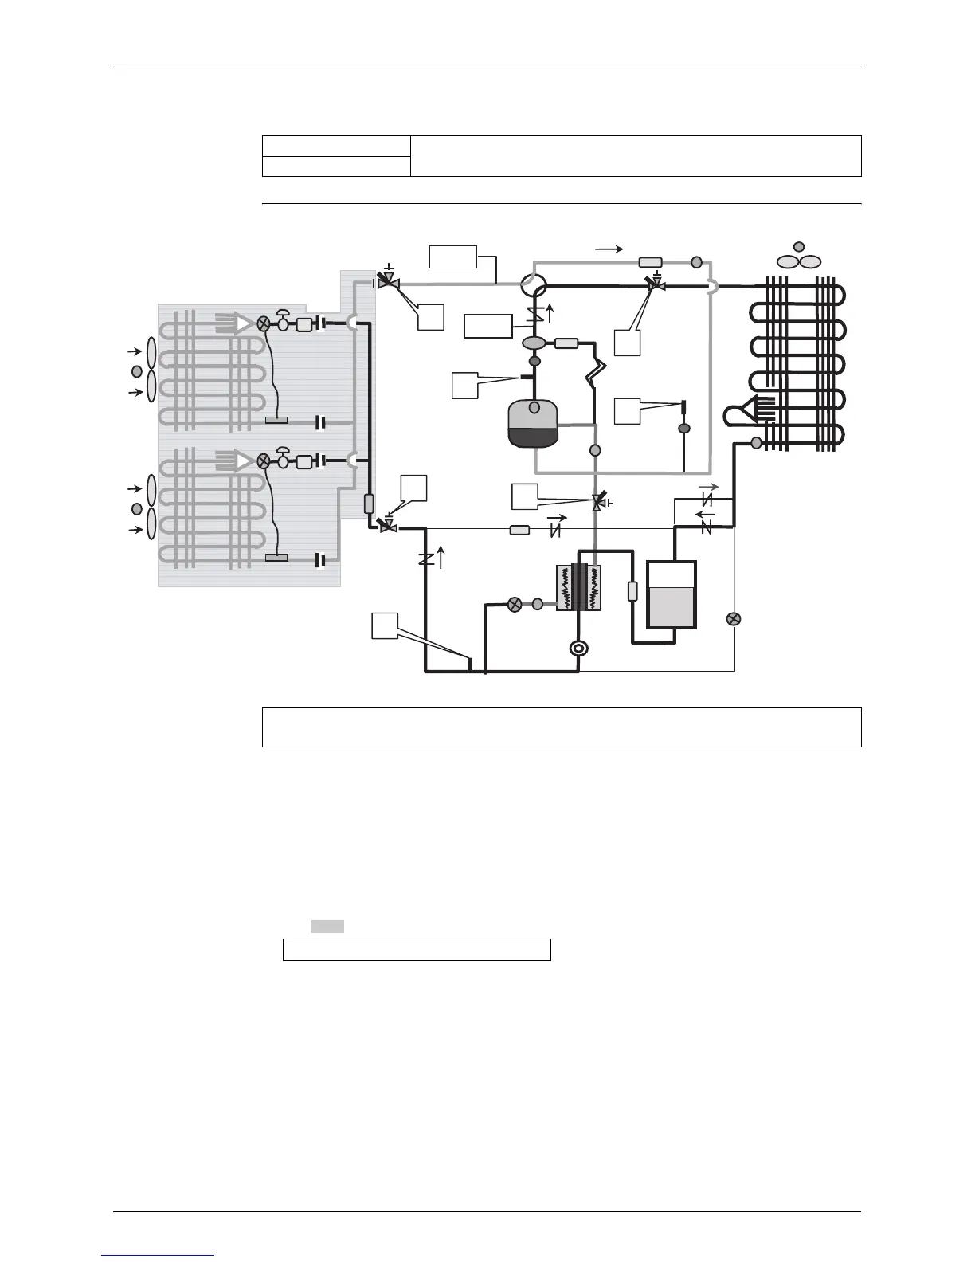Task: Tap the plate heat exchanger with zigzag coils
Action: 578,589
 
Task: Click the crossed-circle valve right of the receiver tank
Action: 734,619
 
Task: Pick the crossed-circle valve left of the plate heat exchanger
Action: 515,604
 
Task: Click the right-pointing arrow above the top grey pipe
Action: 609,249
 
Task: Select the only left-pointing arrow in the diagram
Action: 706,514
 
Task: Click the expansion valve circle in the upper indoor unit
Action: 264,323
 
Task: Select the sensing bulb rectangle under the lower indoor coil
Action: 276,558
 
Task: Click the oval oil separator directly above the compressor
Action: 534,343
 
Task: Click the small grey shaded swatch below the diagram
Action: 327,926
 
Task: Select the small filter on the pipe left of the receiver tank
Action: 632,591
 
